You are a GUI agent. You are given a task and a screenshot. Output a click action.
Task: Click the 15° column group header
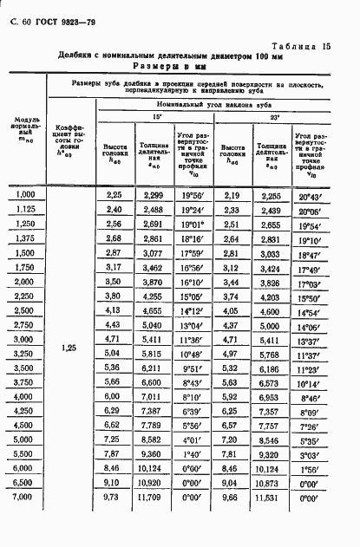pyautogui.click(x=156, y=115)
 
